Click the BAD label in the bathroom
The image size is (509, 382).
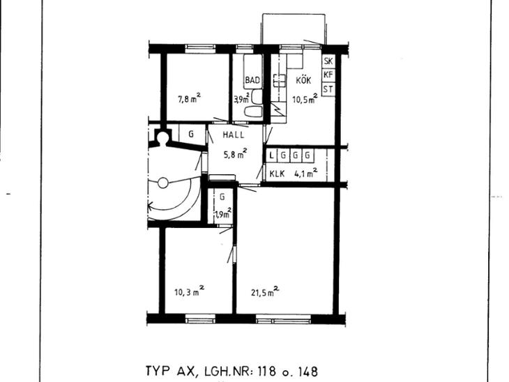pyautogui.click(x=252, y=80)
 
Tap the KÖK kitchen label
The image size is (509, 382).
pyautogui.click(x=303, y=80)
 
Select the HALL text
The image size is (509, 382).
pyautogui.click(x=234, y=135)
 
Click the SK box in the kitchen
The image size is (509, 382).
pyautogui.click(x=328, y=61)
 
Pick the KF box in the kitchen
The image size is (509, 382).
pyautogui.click(x=328, y=75)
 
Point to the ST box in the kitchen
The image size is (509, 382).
pyautogui.click(x=328, y=89)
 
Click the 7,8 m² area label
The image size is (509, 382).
pyautogui.click(x=189, y=98)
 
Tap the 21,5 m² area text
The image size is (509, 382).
pyautogui.click(x=265, y=292)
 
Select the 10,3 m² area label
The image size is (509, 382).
pyautogui.click(x=189, y=291)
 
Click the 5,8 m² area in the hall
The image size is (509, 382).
pyautogui.click(x=236, y=154)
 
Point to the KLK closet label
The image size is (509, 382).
pyautogui.click(x=278, y=174)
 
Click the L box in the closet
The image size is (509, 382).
pyautogui.click(x=271, y=155)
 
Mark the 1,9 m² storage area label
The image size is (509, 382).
pyautogui.click(x=223, y=213)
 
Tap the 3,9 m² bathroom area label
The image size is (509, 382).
pyautogui.click(x=242, y=98)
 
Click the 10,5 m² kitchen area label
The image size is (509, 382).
pyautogui.click(x=305, y=98)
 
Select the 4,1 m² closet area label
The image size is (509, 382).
pyautogui.click(x=306, y=173)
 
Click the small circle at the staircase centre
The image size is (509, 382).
pyautogui.click(x=163, y=183)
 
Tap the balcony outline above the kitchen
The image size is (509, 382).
pyautogui.click(x=294, y=14)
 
